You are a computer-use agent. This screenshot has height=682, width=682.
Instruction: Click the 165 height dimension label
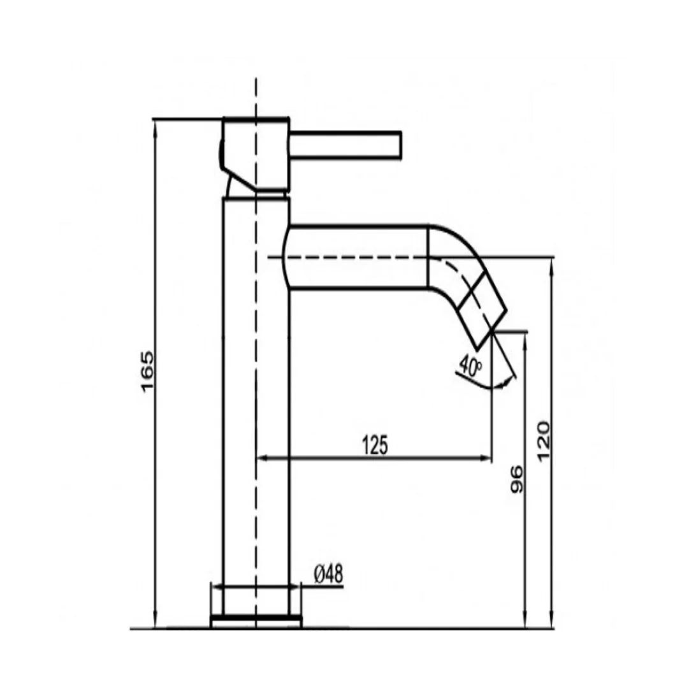[x=147, y=370]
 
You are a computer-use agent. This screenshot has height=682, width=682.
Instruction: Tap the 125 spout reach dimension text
[x=375, y=445]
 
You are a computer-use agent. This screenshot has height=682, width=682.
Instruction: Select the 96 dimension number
[x=517, y=479]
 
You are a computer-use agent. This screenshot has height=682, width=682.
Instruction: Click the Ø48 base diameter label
[x=328, y=574]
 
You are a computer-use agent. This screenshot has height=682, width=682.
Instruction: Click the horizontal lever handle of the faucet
[x=345, y=143]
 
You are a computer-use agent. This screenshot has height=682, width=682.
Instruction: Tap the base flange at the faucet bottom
[x=256, y=621]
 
